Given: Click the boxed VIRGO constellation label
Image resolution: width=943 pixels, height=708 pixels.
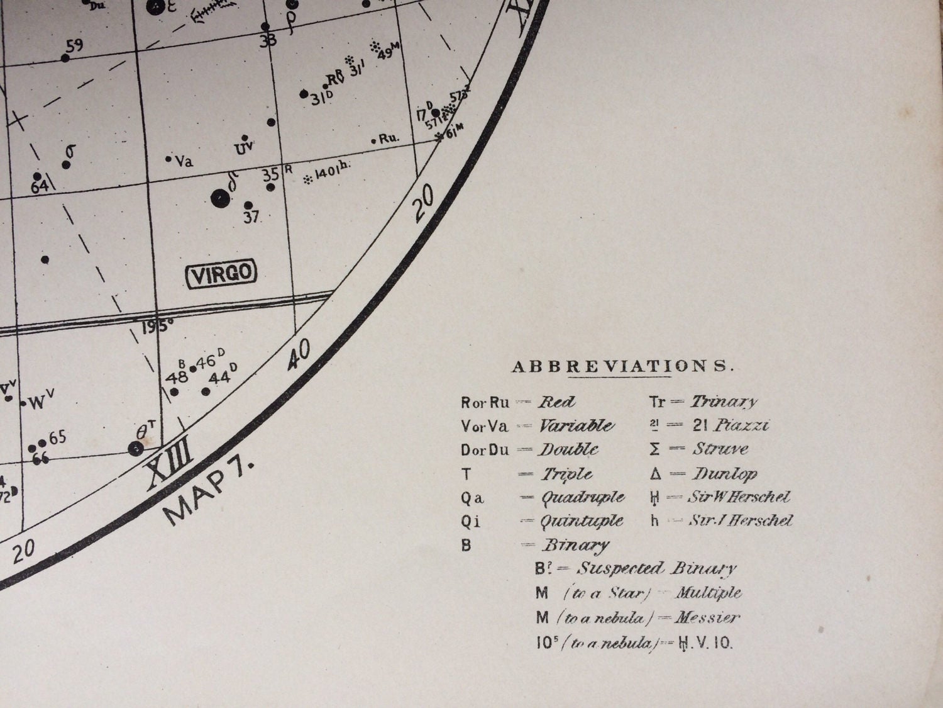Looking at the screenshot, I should coord(223,274).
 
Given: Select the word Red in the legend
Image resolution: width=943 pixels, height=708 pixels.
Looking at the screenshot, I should coord(557,402).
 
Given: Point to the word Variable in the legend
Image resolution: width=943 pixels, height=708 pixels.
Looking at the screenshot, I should coord(576,426).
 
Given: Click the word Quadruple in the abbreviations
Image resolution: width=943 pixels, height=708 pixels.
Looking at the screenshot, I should coord(583,498).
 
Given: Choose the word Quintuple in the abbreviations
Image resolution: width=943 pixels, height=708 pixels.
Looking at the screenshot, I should coord(582,521).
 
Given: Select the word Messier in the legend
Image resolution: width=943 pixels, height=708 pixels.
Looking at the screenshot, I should coord(707,617).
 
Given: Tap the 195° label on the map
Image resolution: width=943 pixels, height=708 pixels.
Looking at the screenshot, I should coord(157,327).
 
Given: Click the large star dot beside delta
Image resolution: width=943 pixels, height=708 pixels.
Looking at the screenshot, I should coord(219,198).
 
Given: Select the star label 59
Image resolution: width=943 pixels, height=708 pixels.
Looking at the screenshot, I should coord(74,46).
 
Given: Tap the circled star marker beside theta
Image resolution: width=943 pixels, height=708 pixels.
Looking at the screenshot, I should coord(135,449).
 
